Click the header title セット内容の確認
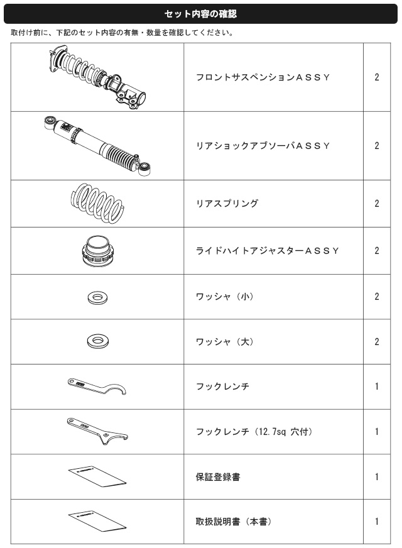200,14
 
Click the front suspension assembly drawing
97,77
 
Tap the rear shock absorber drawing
97,146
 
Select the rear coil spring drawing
97,203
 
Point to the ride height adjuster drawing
97,251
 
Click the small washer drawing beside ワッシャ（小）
97,298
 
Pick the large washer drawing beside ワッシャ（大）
98,341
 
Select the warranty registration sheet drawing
97,476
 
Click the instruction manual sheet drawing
97,521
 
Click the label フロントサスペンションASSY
263,77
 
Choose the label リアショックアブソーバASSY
263,146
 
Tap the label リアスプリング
227,204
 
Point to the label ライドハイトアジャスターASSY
267,251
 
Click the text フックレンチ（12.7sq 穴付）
254,432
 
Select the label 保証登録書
218,477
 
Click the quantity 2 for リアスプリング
376,204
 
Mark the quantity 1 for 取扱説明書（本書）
376,522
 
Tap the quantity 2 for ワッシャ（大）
376,341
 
